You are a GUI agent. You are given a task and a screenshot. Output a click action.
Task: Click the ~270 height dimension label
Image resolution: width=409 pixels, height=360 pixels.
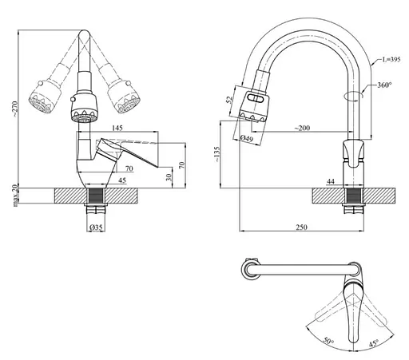point(15,109)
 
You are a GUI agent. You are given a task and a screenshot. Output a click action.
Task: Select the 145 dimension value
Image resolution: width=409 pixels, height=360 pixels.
point(117,128)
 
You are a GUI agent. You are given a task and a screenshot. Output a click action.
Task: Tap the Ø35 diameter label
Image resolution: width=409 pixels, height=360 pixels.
point(96,227)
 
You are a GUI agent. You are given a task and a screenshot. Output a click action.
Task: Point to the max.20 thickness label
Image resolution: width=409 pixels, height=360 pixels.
point(15,196)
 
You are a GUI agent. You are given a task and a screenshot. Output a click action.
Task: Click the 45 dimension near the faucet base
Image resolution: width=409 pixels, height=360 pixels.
point(122,180)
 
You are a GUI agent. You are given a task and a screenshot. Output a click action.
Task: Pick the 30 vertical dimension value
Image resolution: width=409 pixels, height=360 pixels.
point(169,177)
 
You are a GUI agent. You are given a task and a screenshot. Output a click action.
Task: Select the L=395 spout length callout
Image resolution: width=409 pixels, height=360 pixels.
point(391,60)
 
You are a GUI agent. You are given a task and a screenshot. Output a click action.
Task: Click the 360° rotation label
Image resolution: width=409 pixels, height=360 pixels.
point(384,85)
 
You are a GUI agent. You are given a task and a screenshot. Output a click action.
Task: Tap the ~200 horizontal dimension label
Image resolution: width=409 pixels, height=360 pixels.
point(302,129)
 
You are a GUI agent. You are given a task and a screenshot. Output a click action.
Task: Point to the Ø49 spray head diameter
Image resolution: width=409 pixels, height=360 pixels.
point(246,138)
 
